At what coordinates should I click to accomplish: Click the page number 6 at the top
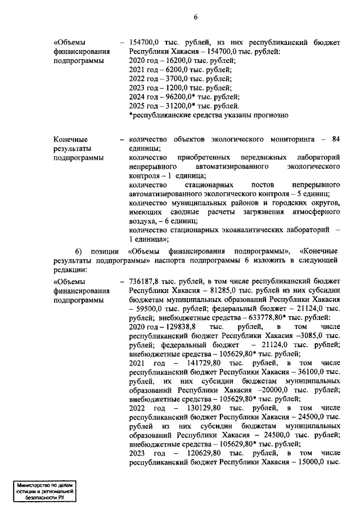click(195, 16)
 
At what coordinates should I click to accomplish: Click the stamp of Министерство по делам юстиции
click(47, 490)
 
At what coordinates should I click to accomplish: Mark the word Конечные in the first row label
click(70, 139)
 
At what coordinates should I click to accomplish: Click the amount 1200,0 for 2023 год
click(174, 88)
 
